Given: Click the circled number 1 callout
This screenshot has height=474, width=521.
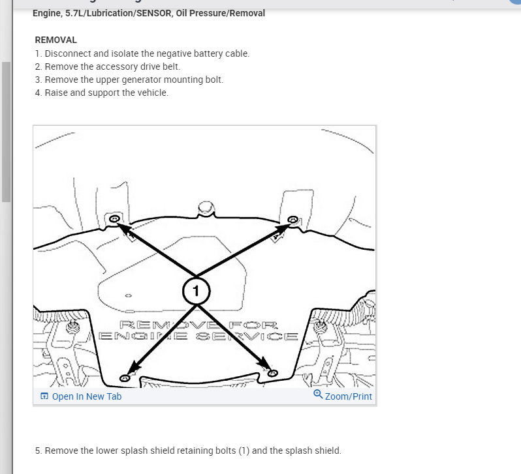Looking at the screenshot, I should coord(196,291).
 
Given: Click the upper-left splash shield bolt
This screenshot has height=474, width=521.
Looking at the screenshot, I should coord(114,218).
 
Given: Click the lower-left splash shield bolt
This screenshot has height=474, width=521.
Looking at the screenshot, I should coord(125,378).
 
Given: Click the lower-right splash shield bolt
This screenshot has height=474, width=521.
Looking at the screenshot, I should coord(273,373).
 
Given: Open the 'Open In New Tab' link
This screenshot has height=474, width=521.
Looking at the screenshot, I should coord(86,396).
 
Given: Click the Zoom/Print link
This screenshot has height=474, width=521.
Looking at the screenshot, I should coord(348,396).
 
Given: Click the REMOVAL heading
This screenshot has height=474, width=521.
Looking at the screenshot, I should coord(55,40).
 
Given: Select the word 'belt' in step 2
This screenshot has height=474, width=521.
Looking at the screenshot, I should coord(170,67).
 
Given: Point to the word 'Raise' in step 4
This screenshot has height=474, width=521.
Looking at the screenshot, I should coord(57,93).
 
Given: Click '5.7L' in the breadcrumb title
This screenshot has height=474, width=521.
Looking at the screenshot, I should coord(73,13).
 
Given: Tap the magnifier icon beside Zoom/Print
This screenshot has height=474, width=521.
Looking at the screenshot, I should coord(318,395).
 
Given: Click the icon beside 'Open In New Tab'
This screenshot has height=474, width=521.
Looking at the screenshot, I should coord(44,396).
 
